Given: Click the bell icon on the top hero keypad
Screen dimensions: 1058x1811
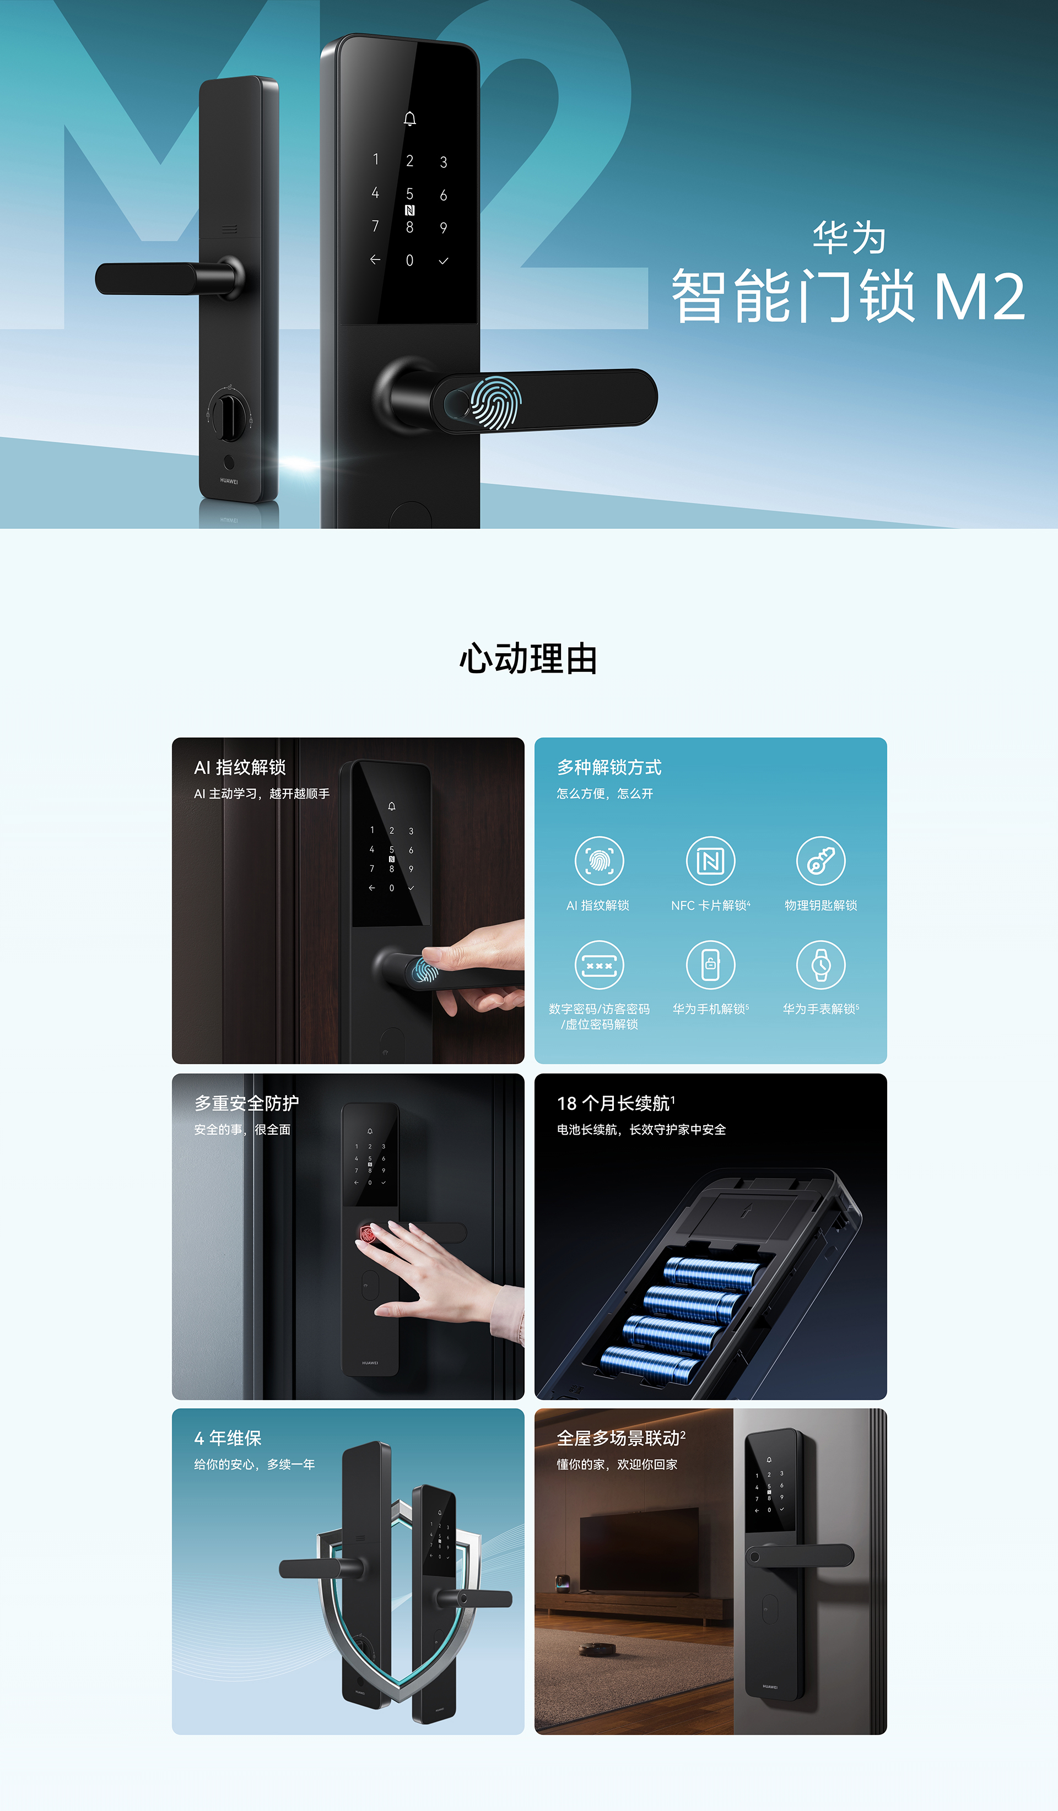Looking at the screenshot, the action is pyautogui.click(x=409, y=118).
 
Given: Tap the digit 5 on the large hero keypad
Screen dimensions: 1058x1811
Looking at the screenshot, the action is pyautogui.click(x=409, y=194).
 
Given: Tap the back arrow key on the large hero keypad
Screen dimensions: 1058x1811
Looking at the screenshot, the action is pyautogui.click(x=375, y=259).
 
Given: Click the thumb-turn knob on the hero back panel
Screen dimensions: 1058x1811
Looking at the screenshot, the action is pyautogui.click(x=230, y=415).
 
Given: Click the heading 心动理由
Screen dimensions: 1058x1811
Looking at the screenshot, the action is pyautogui.click(x=528, y=659).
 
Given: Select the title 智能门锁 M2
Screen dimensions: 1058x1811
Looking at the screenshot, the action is pyautogui.click(x=848, y=296).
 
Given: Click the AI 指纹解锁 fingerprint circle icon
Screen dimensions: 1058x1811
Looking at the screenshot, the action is pyautogui.click(x=599, y=860).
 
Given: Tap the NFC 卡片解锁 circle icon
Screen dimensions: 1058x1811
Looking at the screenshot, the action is pyautogui.click(x=710, y=860).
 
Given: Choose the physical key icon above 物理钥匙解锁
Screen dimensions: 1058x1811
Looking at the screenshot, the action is pyautogui.click(x=821, y=860).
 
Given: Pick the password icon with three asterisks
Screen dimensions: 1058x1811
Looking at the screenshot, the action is pyautogui.click(x=599, y=964).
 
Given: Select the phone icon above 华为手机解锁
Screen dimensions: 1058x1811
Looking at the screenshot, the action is pyautogui.click(x=710, y=964).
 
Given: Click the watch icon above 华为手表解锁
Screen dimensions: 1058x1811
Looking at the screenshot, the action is pyautogui.click(x=821, y=964).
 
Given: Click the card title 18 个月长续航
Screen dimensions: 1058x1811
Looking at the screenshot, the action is pyautogui.click(x=616, y=1103).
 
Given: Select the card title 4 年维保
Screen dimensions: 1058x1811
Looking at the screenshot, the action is pyautogui.click(x=228, y=1438).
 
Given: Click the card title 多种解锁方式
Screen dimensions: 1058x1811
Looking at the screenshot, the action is pyautogui.click(x=609, y=767).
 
